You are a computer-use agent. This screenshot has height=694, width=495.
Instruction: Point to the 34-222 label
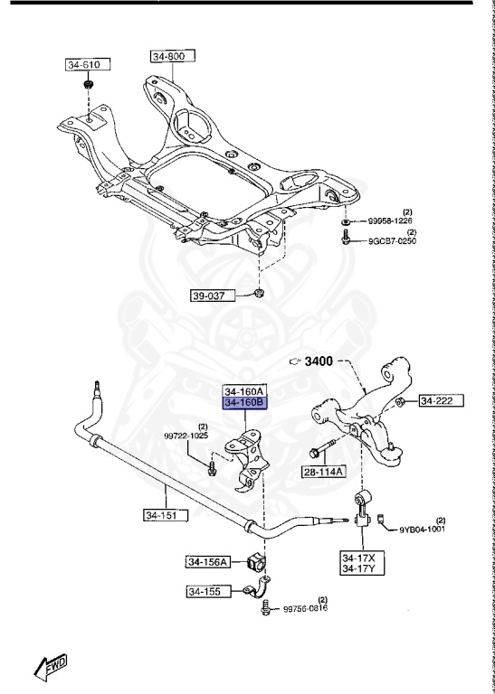point(441,399)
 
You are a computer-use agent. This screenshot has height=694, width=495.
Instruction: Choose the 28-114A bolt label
point(324,472)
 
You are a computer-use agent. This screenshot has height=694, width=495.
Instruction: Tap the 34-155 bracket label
point(205,592)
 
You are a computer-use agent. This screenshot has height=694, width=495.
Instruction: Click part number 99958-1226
point(390,220)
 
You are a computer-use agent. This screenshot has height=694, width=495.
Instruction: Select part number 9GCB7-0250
point(390,240)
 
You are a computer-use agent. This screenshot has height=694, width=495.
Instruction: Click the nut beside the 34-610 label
point(89,86)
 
